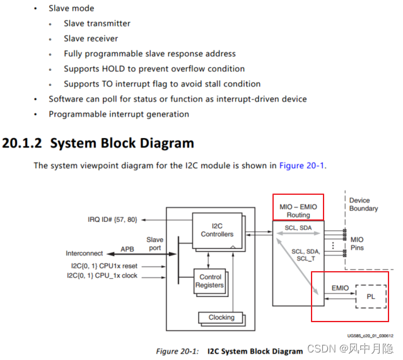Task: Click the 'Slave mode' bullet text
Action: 71,8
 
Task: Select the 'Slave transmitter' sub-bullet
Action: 97,23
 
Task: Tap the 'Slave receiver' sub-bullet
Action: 91,38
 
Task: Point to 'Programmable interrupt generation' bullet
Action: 119,114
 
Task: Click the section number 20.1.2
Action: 22,143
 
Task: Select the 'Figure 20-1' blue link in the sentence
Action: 301,166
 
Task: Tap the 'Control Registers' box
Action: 210,281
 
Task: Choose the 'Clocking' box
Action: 221,318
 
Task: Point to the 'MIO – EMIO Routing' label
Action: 298,211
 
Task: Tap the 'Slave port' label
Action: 155,244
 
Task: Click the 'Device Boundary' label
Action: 363,204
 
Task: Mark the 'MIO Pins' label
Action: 357,243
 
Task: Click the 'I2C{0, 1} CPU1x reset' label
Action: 103,265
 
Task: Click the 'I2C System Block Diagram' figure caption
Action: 255,351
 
